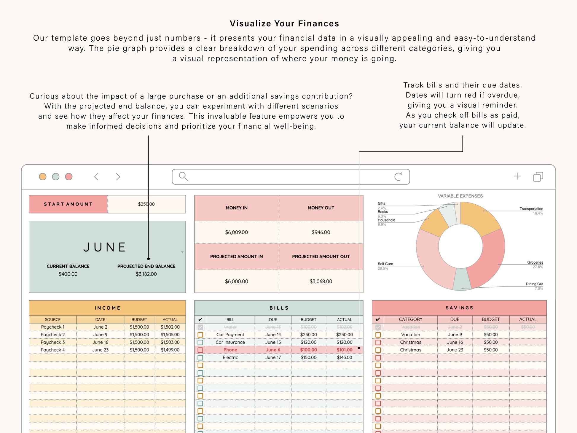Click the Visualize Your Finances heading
[284, 24]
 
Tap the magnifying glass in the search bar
[184, 176]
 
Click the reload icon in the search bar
[398, 176]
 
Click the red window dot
[69, 177]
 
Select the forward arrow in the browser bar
[118, 177]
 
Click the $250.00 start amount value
[146, 204]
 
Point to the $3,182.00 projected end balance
[146, 274]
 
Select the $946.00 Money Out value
[321, 232]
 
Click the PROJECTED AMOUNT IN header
[236, 257]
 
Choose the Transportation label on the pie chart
[531, 209]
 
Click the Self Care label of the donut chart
[385, 264]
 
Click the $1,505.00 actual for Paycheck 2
[170, 335]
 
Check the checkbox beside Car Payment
[200, 335]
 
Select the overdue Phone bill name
[230, 350]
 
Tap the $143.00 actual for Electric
[344, 357]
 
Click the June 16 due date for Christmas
[455, 342]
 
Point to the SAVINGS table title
[459, 308]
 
